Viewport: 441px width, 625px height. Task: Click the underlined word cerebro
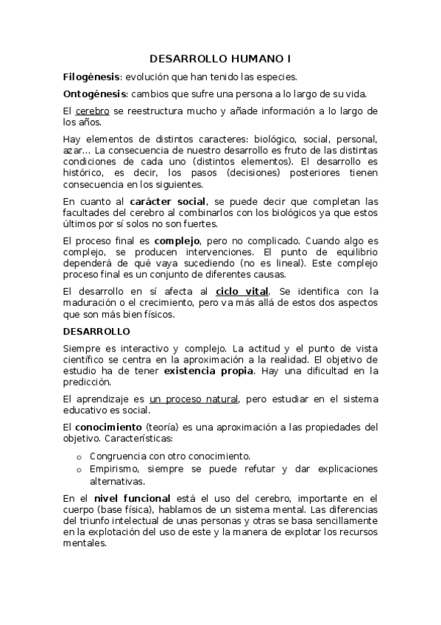click(x=92, y=111)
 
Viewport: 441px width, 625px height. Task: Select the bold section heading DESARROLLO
click(x=96, y=332)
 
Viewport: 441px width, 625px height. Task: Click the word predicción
click(x=86, y=382)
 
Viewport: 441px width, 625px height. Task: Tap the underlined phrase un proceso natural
click(x=194, y=399)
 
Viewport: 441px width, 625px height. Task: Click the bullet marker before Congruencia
click(x=80, y=456)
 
